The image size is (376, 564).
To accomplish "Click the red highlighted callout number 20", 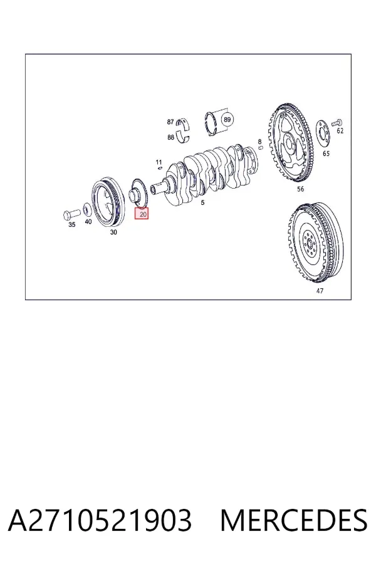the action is point(142,214).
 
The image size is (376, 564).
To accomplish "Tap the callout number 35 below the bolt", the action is point(72,225).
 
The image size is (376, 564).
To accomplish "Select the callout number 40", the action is point(88,222).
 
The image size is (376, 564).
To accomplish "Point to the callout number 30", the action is point(113,232).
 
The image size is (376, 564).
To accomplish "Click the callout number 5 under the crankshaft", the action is point(202,203).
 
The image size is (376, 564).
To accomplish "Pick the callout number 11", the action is point(159,162).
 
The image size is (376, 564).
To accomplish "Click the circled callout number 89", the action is point(227,119).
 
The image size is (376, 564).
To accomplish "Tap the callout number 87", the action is point(170,122).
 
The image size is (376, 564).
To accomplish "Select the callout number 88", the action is point(171,137).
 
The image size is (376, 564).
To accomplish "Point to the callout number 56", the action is point(300,189).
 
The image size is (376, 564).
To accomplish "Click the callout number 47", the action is point(320,291).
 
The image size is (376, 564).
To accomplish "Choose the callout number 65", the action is point(326,154).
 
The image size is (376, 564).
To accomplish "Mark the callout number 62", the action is point(340,131).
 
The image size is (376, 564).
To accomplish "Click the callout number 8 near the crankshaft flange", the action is point(260,142).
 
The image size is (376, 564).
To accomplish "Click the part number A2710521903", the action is point(100,521).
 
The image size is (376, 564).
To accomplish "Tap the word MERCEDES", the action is point(294,521).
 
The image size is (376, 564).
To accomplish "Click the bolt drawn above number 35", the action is point(71,215).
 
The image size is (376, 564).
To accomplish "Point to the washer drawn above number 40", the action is point(86,209).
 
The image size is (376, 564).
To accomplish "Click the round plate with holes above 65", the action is point(323,134).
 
